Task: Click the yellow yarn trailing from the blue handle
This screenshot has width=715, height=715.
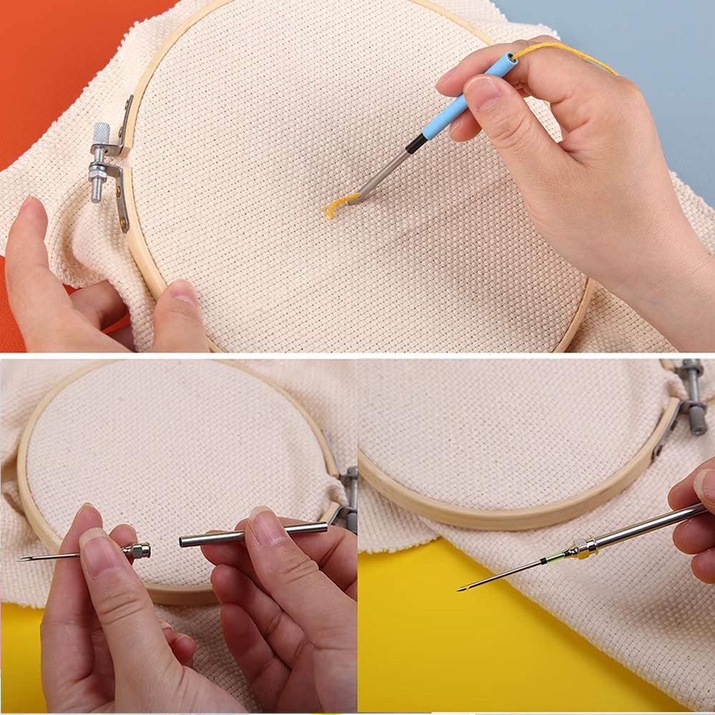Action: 565,51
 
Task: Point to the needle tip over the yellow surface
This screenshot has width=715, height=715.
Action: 461,589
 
